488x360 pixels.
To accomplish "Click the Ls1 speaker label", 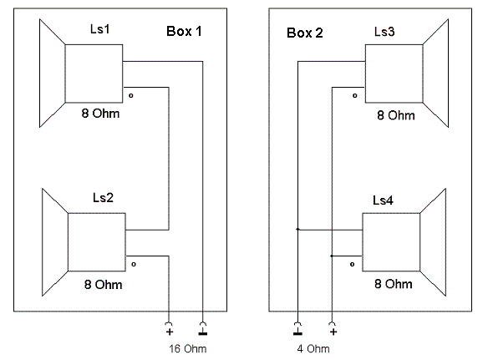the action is pyautogui.click(x=100, y=29).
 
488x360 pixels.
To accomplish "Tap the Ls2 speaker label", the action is pyautogui.click(x=103, y=198).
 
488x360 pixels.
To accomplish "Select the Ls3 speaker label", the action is pyautogui.click(x=384, y=32).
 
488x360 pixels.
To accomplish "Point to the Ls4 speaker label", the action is pyautogui.click(x=383, y=200).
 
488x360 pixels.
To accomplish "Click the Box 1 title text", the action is pyautogui.click(x=184, y=31).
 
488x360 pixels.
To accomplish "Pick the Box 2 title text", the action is pyautogui.click(x=305, y=33).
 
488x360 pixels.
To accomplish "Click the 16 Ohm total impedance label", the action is pyautogui.click(x=188, y=349).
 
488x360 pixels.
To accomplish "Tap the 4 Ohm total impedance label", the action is pyautogui.click(x=313, y=349).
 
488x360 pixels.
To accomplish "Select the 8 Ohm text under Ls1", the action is pyautogui.click(x=100, y=114).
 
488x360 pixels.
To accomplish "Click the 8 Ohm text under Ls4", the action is pyautogui.click(x=394, y=284).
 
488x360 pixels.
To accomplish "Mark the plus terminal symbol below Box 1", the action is pyautogui.click(x=170, y=332).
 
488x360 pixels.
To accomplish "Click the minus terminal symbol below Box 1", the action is pyautogui.click(x=203, y=333).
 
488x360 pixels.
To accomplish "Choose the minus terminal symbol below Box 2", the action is pyautogui.click(x=297, y=333).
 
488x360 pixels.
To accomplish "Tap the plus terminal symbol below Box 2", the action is pyautogui.click(x=333, y=332).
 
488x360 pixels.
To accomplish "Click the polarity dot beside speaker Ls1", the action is pyautogui.click(x=131, y=95).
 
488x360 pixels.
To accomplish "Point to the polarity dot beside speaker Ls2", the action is pyautogui.click(x=134, y=265).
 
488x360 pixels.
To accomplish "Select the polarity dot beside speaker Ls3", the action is pyautogui.click(x=355, y=95).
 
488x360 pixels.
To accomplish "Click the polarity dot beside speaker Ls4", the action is pyautogui.click(x=352, y=265).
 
